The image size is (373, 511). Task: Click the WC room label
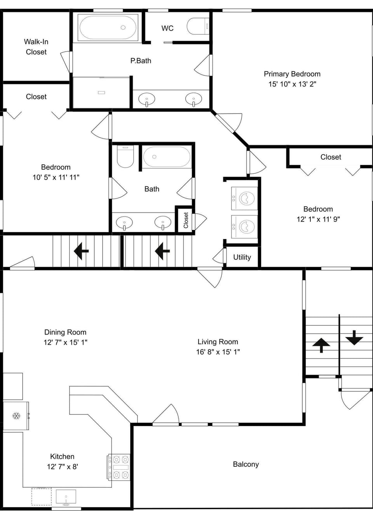tap(167, 28)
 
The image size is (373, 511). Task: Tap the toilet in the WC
tap(198, 26)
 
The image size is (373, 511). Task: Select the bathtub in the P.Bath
tap(108, 27)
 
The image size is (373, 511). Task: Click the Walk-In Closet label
tap(36, 47)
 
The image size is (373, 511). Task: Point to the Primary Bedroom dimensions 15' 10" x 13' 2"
tap(292, 84)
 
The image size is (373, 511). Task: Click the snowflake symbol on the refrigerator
tap(16, 416)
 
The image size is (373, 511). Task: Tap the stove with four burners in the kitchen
tap(119, 467)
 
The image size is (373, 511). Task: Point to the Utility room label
tap(242, 257)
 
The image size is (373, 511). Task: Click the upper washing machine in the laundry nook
tap(244, 198)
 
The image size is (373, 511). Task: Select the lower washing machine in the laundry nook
tap(244, 227)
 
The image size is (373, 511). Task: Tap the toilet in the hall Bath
tap(125, 157)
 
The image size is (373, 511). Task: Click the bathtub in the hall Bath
tap(167, 157)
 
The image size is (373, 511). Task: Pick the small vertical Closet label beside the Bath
tap(186, 220)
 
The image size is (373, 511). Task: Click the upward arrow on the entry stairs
tap(321, 345)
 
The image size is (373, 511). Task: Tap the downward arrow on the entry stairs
tap(354, 338)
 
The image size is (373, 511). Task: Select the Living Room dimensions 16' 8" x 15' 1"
tap(218, 352)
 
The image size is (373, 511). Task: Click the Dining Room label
tap(65, 332)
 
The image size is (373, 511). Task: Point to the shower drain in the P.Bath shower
tap(101, 92)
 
